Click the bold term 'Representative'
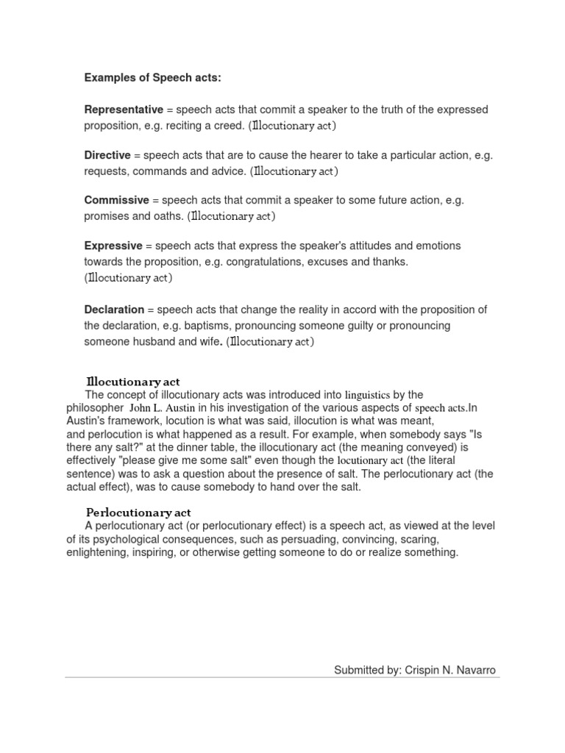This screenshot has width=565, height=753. coord(124,110)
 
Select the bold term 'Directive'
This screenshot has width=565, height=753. coord(107,155)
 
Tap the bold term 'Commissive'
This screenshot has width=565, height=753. coord(117,200)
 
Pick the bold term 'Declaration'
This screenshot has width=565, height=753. coord(114,310)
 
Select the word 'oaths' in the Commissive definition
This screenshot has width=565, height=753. coord(168,216)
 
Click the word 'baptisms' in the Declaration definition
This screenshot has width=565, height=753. coord(206,326)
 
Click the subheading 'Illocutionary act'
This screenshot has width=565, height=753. coord(132,382)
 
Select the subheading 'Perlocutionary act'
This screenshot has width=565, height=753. coord(138,512)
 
